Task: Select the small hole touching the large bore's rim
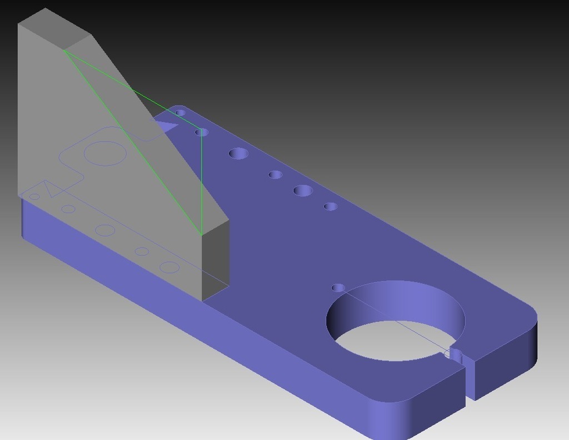pos(338,287)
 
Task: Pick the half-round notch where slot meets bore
pos(455,355)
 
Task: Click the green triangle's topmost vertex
pos(64,51)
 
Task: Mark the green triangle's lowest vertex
pos(201,235)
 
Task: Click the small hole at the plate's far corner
pos(180,113)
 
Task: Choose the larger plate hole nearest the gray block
pos(238,153)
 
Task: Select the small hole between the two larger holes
pos(275,175)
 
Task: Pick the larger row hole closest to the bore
pos(303,191)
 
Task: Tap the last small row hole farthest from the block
pos(331,206)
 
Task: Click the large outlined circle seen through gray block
pos(104,153)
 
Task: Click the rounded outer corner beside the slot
pos(528,311)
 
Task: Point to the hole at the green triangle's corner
pos(201,132)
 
